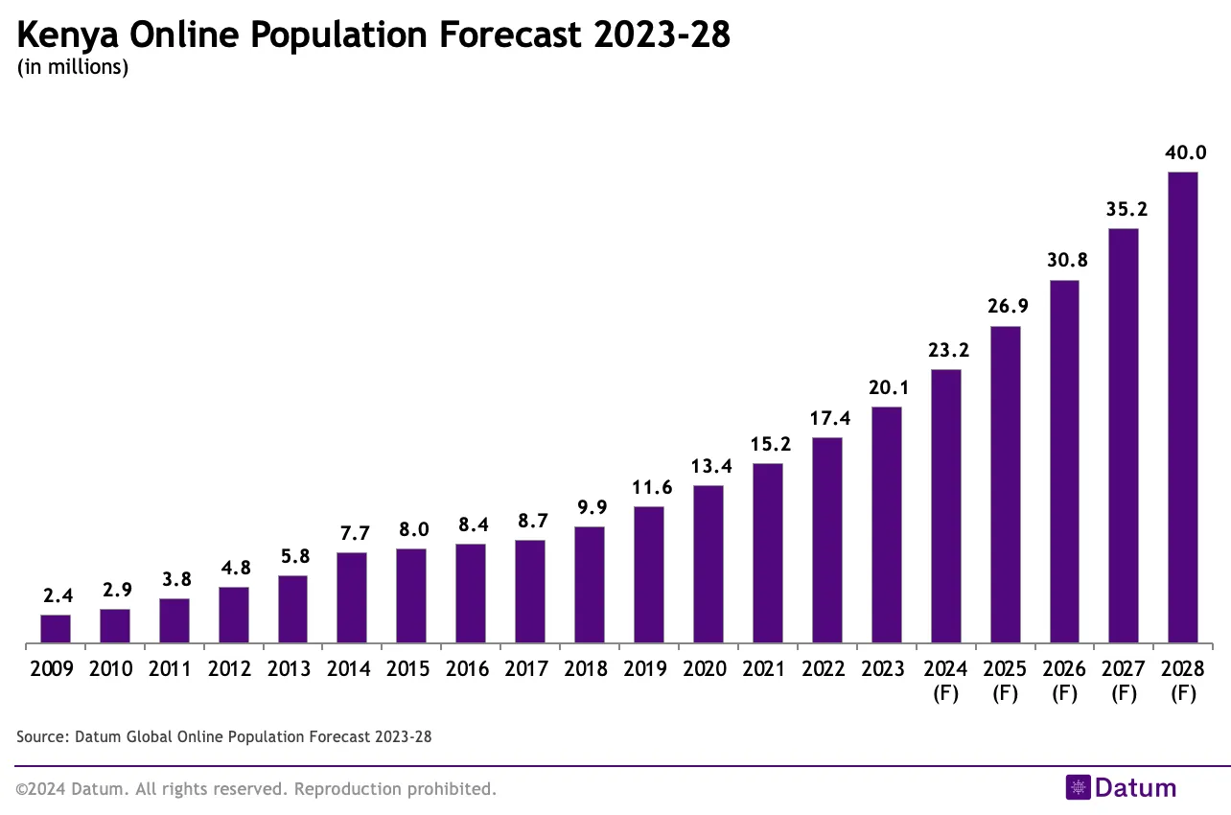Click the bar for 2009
click(56, 628)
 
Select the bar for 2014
click(352, 597)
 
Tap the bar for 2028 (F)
click(1183, 407)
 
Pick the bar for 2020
click(708, 564)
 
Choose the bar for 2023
click(887, 524)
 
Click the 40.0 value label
click(1186, 152)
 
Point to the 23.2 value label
click(948, 350)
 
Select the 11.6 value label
click(651, 487)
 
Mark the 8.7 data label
click(532, 521)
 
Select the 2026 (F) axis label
click(1064, 681)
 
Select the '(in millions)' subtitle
click(73, 67)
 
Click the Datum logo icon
click(1079, 788)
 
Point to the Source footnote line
click(224, 737)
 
